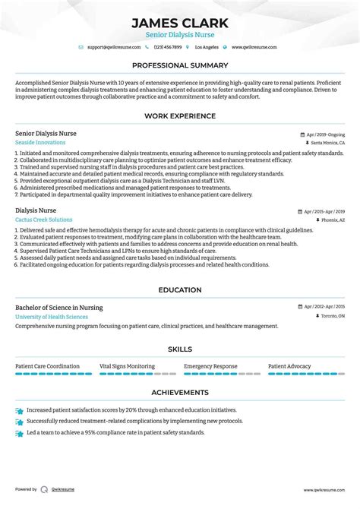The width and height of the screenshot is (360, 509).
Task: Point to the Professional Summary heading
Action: (x=179, y=66)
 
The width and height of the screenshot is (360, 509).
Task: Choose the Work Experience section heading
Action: (x=179, y=116)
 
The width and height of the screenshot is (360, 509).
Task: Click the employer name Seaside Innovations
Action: (x=40, y=142)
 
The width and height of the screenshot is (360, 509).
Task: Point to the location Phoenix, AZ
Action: (x=332, y=220)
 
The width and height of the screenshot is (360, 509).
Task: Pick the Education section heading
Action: (x=179, y=289)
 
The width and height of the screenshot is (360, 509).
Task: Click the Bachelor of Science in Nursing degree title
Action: (x=58, y=307)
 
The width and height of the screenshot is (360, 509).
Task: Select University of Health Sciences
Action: (x=51, y=316)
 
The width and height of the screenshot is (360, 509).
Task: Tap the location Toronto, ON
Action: (x=330, y=316)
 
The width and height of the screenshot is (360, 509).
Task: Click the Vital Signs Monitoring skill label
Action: (x=127, y=365)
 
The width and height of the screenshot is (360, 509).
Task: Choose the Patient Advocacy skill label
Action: (x=289, y=365)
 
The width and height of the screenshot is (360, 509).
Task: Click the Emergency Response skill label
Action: (x=210, y=365)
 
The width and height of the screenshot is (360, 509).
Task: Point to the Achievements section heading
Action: (x=179, y=393)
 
